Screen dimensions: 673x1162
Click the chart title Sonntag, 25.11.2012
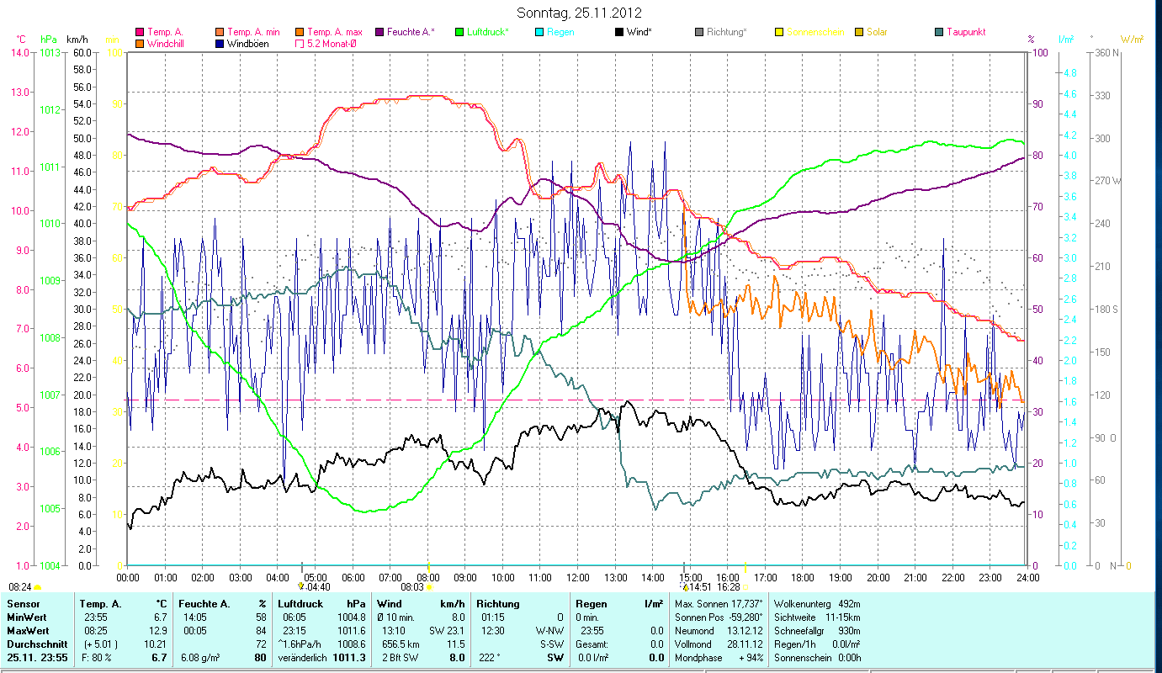coord(581,13)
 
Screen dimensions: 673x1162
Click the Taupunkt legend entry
coord(965,32)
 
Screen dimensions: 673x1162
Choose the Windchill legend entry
coord(168,43)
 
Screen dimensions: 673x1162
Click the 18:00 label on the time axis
coord(803,577)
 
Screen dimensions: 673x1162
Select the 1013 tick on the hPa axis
coord(50,52)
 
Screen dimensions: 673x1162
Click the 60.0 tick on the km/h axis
coord(82,52)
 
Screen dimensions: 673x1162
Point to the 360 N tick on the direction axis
coord(1104,52)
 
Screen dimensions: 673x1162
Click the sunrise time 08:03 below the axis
coord(411,587)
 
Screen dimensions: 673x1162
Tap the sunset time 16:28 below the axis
coord(729,587)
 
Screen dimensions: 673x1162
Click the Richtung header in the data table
coord(498,603)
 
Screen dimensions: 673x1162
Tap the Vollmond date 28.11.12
coord(747,644)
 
